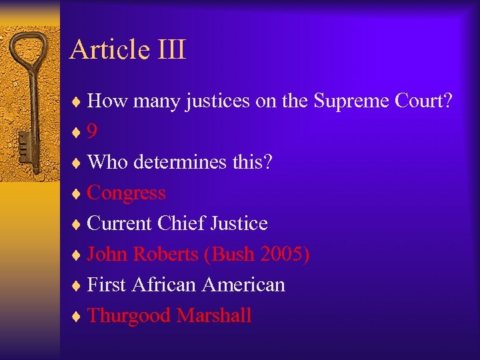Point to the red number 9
click(x=92, y=131)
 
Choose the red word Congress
click(x=126, y=193)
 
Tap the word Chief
click(x=183, y=223)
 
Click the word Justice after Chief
click(x=239, y=223)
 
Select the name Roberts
click(x=165, y=254)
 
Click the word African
click(x=164, y=285)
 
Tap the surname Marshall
click(x=214, y=315)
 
